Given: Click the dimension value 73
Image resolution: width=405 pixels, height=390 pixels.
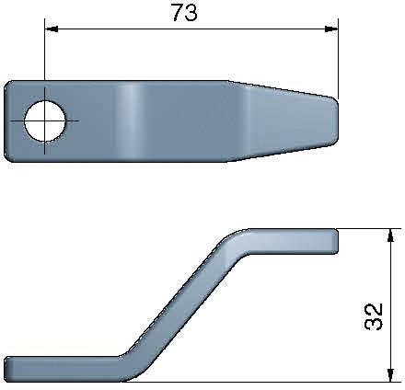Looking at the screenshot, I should [185, 14].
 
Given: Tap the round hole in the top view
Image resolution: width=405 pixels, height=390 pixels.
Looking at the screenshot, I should [45, 120].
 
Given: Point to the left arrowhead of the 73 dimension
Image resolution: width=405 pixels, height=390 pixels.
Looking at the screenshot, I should [52, 29].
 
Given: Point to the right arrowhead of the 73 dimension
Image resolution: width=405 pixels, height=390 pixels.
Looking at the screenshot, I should [330, 29].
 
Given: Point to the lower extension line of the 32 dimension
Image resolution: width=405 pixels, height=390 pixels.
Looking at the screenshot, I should [276, 382].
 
